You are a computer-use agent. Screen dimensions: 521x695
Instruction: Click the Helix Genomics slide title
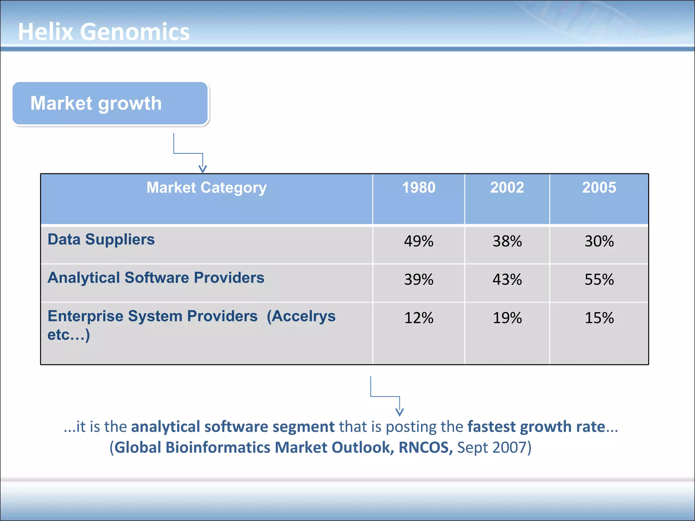tap(104, 32)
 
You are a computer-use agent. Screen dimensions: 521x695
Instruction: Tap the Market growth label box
tap(110, 103)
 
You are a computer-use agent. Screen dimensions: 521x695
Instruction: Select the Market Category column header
tap(206, 188)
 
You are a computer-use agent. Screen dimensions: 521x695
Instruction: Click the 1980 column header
tap(418, 188)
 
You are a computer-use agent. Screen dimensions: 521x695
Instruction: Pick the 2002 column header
tap(507, 188)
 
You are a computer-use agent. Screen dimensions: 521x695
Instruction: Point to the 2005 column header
tap(599, 188)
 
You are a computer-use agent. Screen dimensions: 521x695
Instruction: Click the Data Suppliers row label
tap(101, 239)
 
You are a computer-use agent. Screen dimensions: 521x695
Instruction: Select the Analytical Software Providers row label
tap(156, 278)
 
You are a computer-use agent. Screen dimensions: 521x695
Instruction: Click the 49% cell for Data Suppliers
tap(418, 241)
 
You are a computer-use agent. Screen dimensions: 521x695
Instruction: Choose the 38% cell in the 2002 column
tap(507, 241)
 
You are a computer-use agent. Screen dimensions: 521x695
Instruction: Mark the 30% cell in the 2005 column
tap(599, 241)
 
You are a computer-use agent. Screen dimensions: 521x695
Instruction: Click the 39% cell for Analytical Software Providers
tap(418, 279)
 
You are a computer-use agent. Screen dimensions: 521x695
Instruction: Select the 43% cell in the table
tap(507, 279)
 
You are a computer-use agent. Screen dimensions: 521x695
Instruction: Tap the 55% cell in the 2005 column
tap(599, 279)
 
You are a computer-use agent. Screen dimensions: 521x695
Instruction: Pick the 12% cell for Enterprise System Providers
tap(418, 318)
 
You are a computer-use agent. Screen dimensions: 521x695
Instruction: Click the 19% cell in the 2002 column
tap(507, 318)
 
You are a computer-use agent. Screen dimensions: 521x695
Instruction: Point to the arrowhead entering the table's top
tap(203, 169)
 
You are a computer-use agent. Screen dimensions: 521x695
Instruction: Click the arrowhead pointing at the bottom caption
tap(400, 412)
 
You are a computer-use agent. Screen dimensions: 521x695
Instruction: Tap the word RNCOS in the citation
tap(425, 447)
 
